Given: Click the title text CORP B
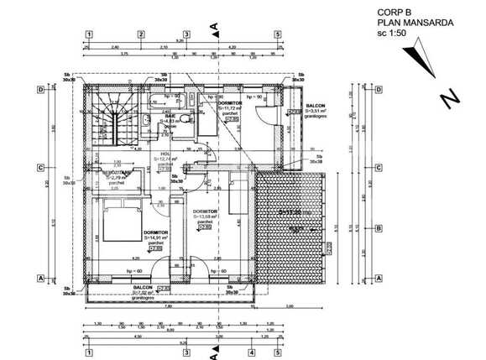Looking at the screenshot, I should coord(371,13).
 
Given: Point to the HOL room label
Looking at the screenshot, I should coord(165,154).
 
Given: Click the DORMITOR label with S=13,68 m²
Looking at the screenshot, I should coord(206,211).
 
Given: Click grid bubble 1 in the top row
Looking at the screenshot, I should coord(87,35).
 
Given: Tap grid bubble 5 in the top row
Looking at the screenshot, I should coord(277,35).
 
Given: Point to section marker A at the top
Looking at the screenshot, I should coord(216,27).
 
